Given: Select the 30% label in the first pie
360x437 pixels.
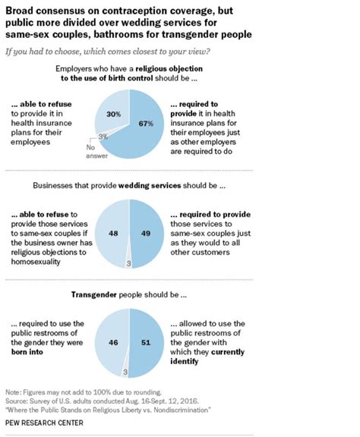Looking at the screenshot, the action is pos(114,114).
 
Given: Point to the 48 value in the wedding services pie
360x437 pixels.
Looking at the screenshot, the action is pos(113,233).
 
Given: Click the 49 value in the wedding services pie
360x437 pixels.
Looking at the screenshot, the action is pos(146,233).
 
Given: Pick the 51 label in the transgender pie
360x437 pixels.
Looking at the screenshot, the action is pos(146,342).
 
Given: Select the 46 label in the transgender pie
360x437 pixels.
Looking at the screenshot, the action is pos(113,342).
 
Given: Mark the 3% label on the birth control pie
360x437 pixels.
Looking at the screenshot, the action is pos(103,137).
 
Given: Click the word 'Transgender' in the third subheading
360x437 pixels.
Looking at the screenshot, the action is pos(93,294).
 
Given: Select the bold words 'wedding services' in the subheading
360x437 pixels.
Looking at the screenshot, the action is pos(150,185).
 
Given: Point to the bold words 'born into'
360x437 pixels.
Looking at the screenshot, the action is pos(27,352).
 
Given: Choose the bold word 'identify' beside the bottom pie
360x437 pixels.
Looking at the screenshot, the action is pos(185,361).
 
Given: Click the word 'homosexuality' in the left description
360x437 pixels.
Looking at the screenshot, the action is pos(36,262).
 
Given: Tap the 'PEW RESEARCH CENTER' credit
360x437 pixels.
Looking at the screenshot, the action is pos(44,423).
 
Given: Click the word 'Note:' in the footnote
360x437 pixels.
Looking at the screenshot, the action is pos(13,392).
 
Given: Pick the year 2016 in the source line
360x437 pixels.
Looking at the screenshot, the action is pos(188,401).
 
